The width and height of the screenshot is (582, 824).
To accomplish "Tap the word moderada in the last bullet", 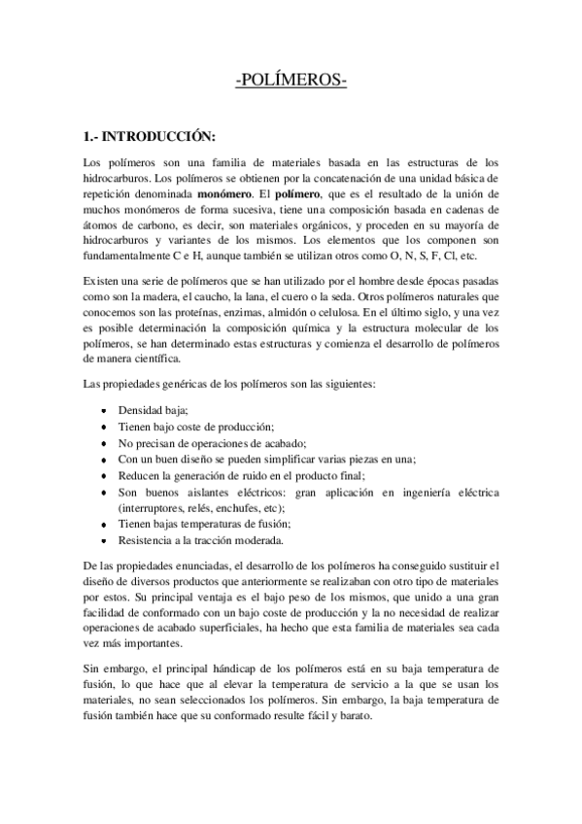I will coord(257,538).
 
